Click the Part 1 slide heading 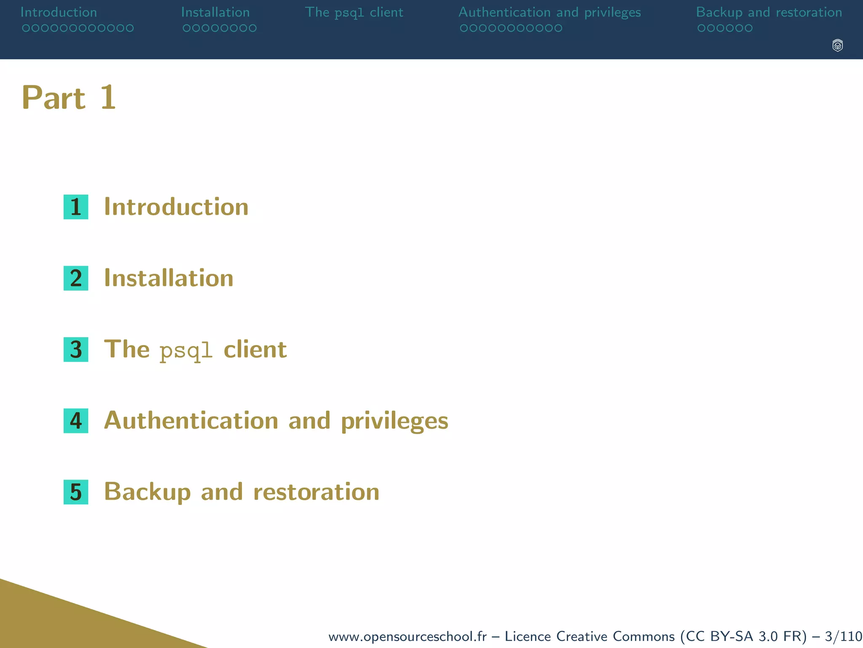pos(69,98)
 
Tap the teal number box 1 pos(76,207)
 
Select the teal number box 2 pos(76,278)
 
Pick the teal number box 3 pos(76,349)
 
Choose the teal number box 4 pos(76,421)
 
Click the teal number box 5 pos(76,492)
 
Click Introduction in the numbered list pos(176,207)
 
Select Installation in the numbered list pos(169,278)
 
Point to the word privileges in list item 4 pos(394,421)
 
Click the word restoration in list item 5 pos(316,492)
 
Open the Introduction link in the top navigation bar pos(59,12)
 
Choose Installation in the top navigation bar pos(215,12)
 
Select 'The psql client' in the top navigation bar pos(354,13)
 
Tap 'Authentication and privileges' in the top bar pos(549,13)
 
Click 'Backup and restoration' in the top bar pos(769,13)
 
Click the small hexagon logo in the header pos(838,45)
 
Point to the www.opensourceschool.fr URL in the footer pos(407,636)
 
